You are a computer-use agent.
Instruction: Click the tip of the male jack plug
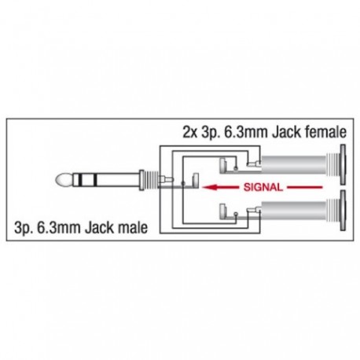coord(64,180)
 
